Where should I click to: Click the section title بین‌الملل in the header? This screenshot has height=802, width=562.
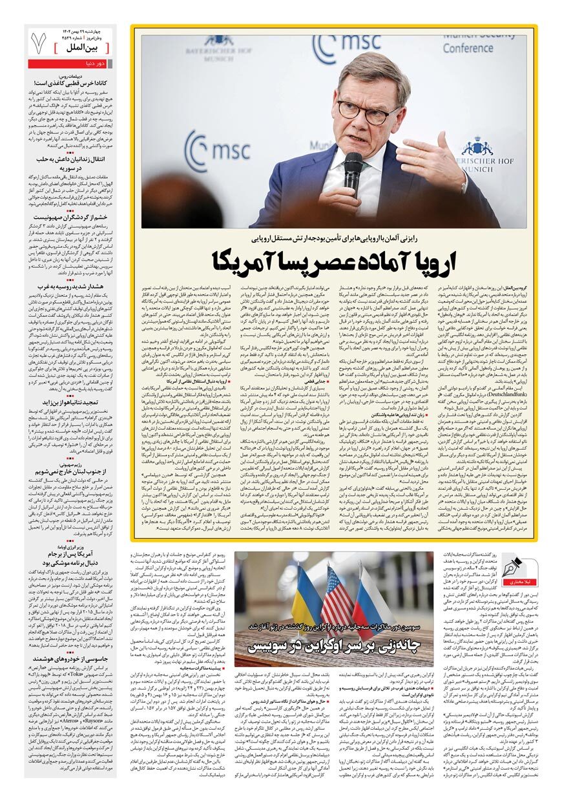point(85,48)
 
